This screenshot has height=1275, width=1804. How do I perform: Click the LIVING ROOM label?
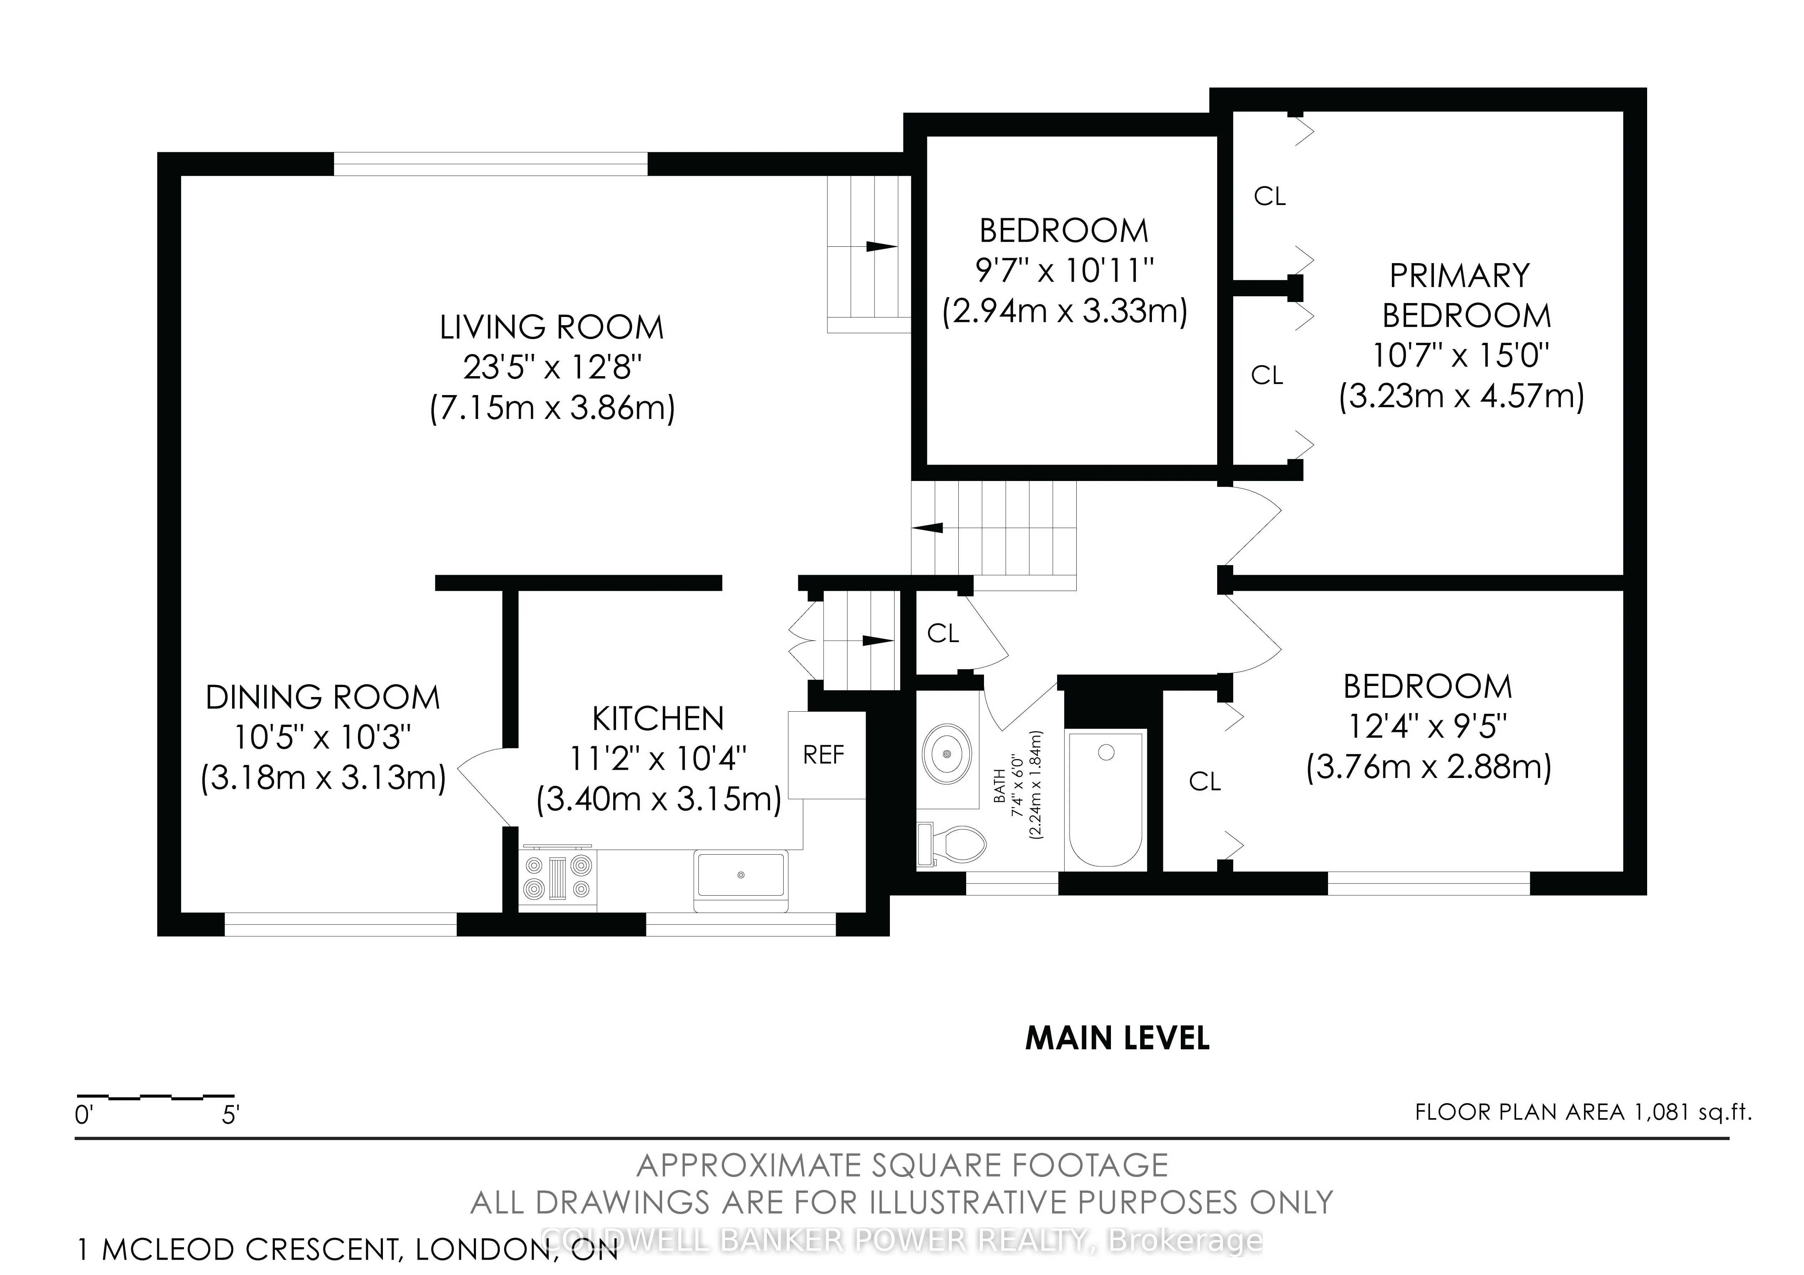click(552, 327)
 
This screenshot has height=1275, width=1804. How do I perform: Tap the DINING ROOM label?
click(323, 698)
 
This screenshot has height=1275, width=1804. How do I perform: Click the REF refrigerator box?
click(826, 755)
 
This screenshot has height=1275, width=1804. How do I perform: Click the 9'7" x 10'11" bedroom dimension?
click(1065, 271)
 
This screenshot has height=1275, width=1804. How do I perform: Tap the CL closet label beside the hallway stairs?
click(943, 633)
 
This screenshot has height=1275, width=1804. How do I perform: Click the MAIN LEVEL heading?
click(1117, 1039)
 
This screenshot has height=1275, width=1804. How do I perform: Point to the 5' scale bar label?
click(230, 1115)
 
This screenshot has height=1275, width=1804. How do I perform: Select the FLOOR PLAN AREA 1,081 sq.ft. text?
click(1583, 1112)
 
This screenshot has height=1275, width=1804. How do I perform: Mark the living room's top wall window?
click(491, 163)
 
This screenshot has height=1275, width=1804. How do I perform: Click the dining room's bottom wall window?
click(341, 924)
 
